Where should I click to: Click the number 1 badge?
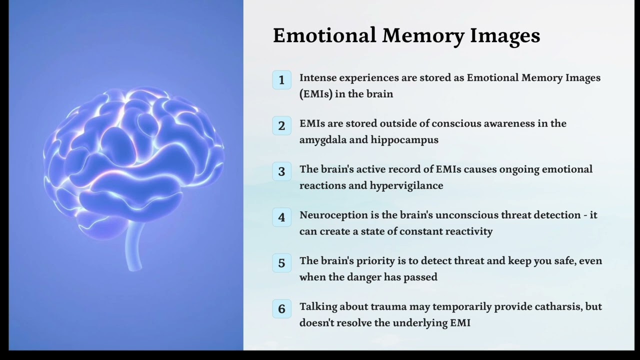[x=281, y=80]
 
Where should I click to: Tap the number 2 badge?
[x=281, y=125]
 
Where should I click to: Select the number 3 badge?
[x=281, y=171]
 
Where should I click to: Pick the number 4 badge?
[x=281, y=217]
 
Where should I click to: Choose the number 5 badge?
[x=281, y=263]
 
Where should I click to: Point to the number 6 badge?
[x=281, y=308]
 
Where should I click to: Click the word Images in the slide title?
[x=505, y=36]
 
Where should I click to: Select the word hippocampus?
[x=404, y=140]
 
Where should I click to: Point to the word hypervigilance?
[x=406, y=185]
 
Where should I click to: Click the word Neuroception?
[x=332, y=215]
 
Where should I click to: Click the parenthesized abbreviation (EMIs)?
[x=316, y=94]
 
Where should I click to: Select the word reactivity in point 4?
[x=469, y=231]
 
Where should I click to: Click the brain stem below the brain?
[x=133, y=247]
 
